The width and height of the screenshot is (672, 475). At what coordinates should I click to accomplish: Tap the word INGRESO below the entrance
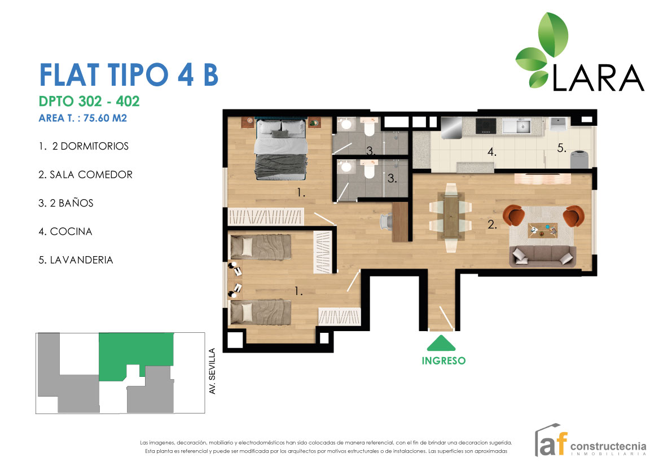(x=443, y=360)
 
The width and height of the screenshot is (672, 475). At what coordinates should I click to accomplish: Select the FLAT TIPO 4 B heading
(x=128, y=75)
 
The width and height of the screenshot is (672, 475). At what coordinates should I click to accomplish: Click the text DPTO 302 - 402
(x=89, y=102)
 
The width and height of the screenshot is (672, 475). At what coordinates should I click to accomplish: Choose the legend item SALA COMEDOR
(x=85, y=175)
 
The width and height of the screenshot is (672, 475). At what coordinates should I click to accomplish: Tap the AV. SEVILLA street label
(x=212, y=371)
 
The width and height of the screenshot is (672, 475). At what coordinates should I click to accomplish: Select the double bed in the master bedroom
(x=281, y=148)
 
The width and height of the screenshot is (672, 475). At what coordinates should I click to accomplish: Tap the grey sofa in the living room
(x=542, y=256)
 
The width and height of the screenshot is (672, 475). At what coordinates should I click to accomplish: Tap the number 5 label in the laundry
(x=561, y=148)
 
